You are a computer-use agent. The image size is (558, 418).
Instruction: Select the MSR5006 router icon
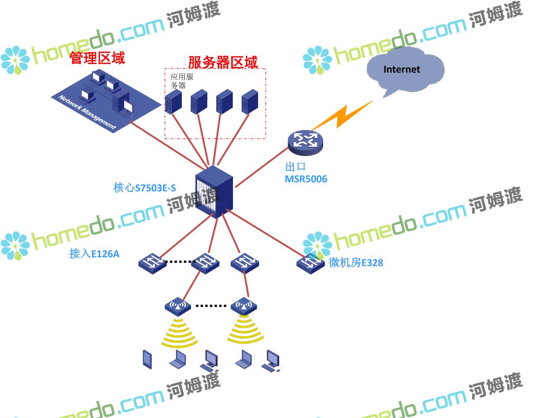[x=305, y=142]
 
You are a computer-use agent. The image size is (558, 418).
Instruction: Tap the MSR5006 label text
[x=306, y=179]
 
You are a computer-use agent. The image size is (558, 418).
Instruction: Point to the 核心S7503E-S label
[x=145, y=188]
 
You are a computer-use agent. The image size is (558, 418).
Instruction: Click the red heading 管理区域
[x=97, y=58]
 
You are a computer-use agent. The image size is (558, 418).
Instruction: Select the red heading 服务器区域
[x=223, y=62]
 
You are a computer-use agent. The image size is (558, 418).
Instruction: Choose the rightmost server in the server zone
[x=250, y=101]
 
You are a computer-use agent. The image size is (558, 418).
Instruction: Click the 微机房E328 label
[x=356, y=262]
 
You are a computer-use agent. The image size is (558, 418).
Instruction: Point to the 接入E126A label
[x=94, y=253]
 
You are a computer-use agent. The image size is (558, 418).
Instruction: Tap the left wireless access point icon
[x=178, y=307]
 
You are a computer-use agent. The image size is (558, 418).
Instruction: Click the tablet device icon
[x=147, y=359]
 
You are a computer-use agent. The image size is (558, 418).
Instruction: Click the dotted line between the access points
[x=211, y=306]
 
